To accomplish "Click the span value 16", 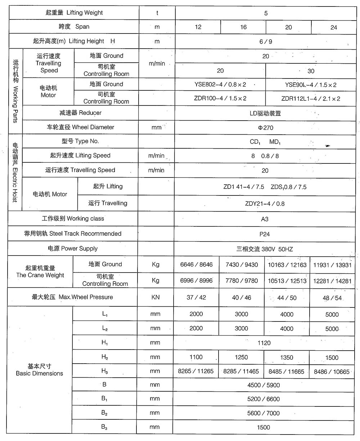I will click(243, 27).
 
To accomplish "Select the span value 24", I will click(334, 27).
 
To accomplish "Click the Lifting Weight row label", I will click(74, 13).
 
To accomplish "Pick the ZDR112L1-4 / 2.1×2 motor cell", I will click(311, 98).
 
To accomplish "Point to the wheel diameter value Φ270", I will click(266, 127).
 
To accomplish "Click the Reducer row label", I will click(80, 113).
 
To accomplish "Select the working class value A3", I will click(265, 219).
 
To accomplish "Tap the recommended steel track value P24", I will click(265, 234).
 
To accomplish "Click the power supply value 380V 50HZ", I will click(265, 249).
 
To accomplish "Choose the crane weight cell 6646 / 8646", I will click(196, 265).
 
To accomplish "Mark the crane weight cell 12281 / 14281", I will click(332, 280).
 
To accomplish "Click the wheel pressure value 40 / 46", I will click(242, 298).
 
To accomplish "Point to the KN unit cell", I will click(156, 298).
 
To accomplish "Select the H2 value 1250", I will click(241, 357).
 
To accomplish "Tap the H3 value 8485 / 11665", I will click(286, 372).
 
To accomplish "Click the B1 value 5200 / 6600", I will click(264, 399).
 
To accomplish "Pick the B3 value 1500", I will click(264, 427).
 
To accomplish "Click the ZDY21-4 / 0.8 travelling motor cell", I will click(265, 204).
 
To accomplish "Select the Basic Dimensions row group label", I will click(40, 370).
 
